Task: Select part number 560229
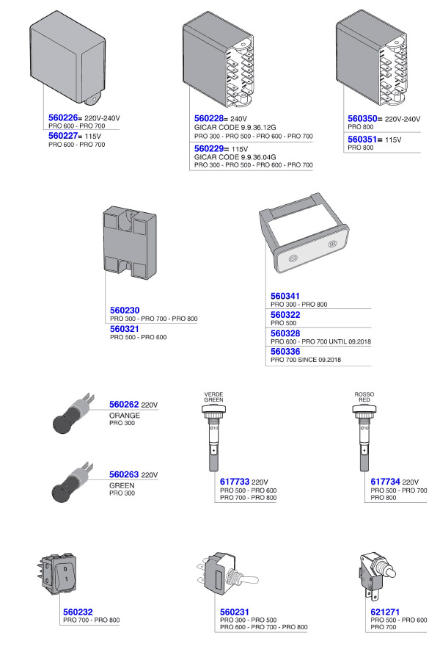coord(210,148)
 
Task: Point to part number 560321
coord(125,329)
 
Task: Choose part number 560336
coord(285,352)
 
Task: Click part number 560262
coord(124,405)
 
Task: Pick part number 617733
coord(235,482)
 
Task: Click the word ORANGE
coord(124,416)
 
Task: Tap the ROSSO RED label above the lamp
coord(364,397)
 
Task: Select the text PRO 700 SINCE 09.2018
coord(306,361)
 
